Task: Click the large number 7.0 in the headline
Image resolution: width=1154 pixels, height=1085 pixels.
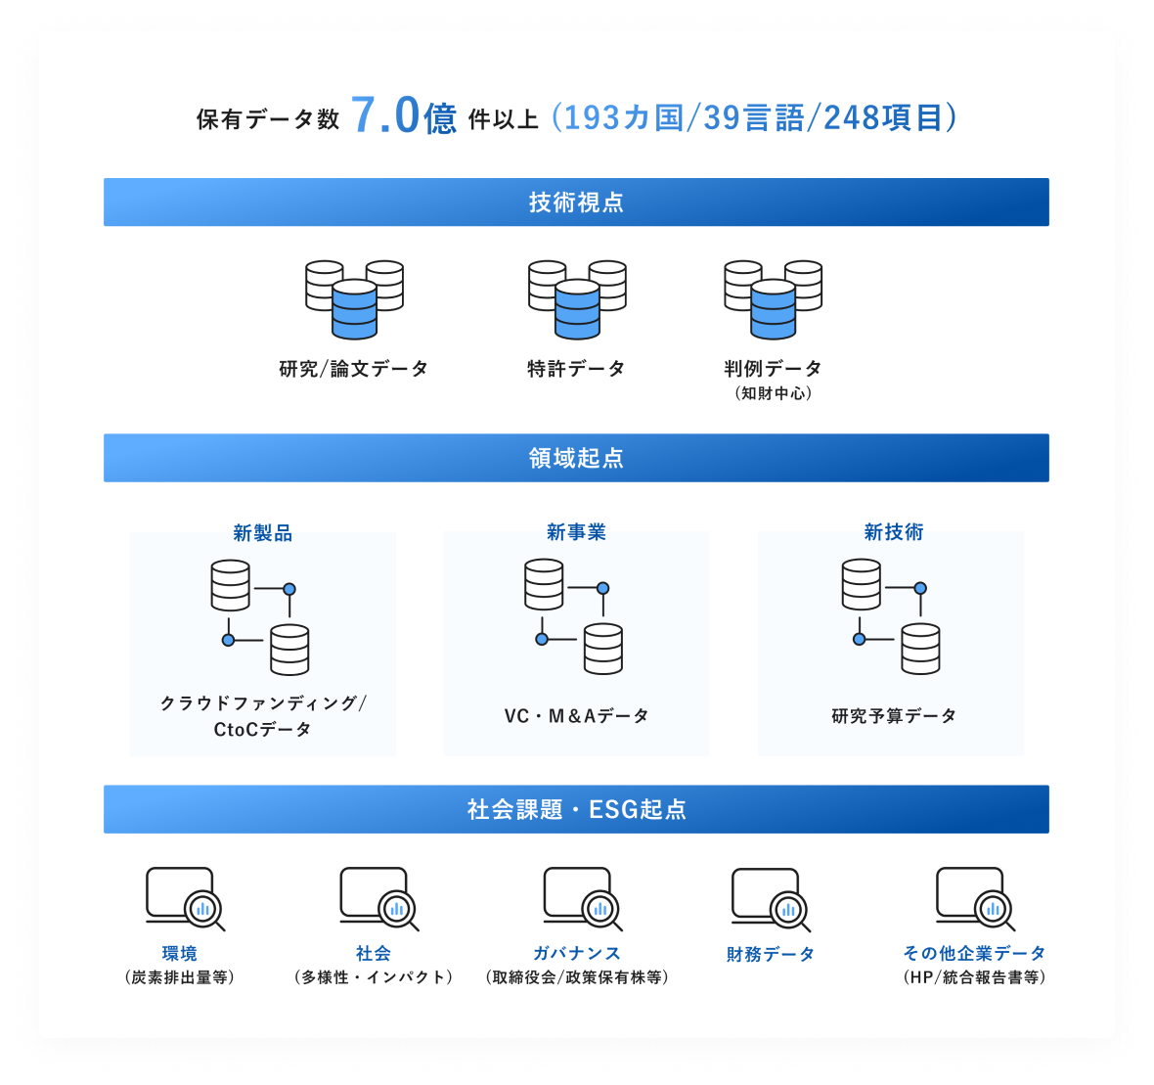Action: point(384,115)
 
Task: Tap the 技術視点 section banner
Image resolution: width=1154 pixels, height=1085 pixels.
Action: point(576,203)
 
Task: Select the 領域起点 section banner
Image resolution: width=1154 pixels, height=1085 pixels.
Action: point(576,458)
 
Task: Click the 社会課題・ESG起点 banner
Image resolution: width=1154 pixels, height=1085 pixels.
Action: point(576,809)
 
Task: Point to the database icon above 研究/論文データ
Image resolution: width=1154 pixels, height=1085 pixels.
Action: point(354,299)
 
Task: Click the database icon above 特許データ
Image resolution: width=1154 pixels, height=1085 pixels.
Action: point(577,299)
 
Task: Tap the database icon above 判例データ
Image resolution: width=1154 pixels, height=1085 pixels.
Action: point(773,299)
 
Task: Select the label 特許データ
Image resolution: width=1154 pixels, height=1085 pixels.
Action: point(576,369)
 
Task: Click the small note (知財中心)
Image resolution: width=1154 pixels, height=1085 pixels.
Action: point(773,393)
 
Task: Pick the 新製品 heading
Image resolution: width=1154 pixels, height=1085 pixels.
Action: point(262,533)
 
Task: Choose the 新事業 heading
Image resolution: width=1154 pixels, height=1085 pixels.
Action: point(576,532)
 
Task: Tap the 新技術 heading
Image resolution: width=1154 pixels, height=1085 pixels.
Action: point(893,532)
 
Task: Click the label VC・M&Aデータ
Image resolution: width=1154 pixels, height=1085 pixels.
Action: point(576,716)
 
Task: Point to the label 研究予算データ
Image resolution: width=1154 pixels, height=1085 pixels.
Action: point(893,716)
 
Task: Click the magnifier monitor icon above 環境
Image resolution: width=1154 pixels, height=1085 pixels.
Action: point(185,898)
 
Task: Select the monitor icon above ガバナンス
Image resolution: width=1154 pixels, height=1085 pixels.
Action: point(583,898)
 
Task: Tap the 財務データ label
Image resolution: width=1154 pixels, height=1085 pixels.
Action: point(770,954)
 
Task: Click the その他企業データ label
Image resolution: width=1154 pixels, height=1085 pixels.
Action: point(974,953)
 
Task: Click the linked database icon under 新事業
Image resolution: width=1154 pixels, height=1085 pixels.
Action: point(574,616)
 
